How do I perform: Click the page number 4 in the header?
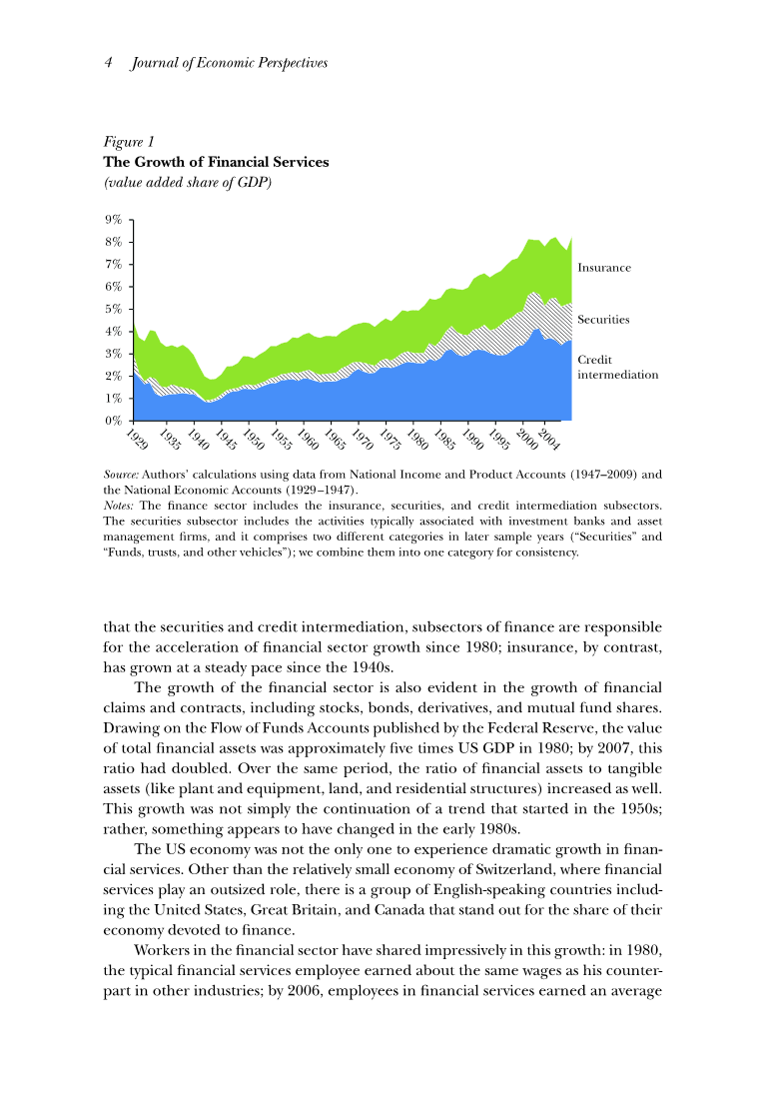108,63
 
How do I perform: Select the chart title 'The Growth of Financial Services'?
217,162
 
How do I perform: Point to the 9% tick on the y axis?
115,220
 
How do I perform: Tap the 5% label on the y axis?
115,309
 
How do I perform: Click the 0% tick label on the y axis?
115,421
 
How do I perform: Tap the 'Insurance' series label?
604,268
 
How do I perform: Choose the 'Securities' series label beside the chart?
603,320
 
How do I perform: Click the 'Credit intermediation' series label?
617,367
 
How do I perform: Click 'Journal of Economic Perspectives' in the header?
230,63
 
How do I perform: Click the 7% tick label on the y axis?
115,265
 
